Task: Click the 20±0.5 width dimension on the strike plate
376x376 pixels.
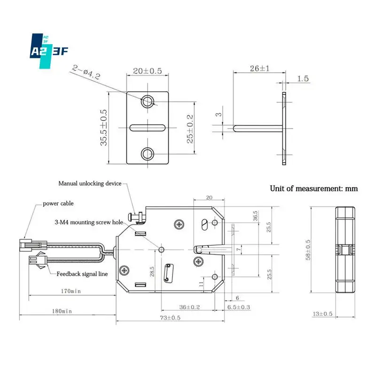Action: (148, 71)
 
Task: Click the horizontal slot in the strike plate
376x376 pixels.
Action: (148, 127)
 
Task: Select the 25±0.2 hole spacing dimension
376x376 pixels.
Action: (189, 128)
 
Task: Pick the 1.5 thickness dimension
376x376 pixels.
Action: (303, 78)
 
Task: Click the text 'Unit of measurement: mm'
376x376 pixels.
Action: (313, 188)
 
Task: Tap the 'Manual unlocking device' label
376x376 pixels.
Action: (90, 183)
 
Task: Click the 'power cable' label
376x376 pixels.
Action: (58, 204)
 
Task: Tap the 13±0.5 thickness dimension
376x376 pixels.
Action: (322, 313)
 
